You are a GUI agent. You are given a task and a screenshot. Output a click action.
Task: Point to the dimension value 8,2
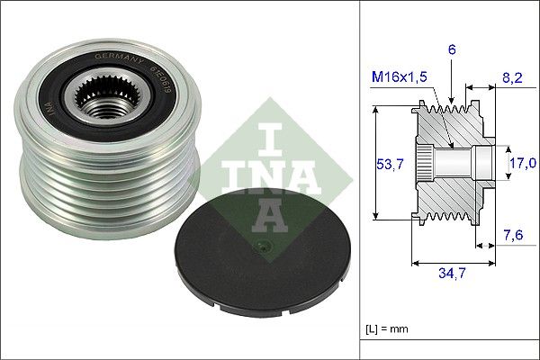click(x=513, y=78)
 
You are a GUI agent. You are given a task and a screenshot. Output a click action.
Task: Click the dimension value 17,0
click(x=524, y=163)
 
